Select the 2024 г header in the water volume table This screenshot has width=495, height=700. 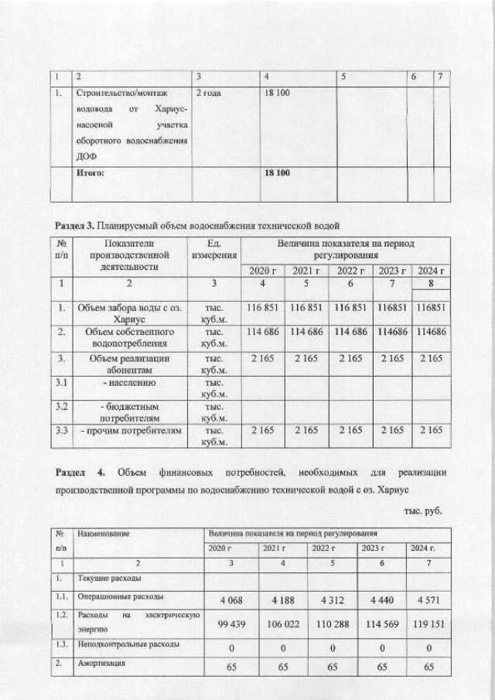431,270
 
